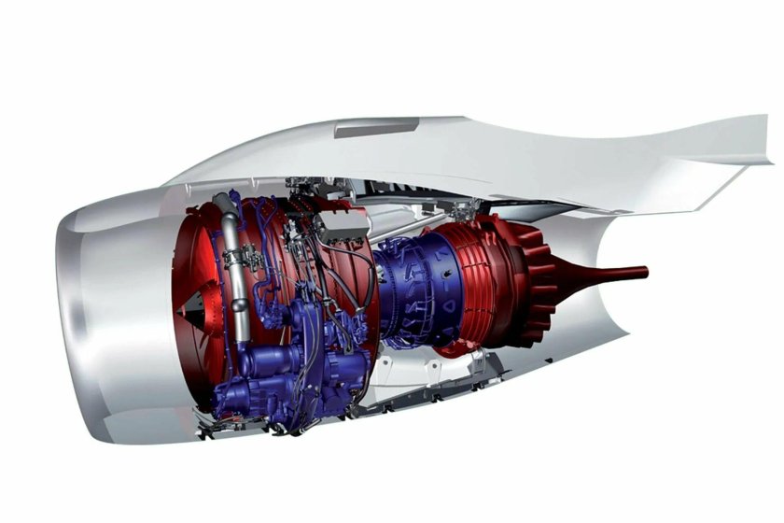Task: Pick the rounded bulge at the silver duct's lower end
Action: click(242, 332)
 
